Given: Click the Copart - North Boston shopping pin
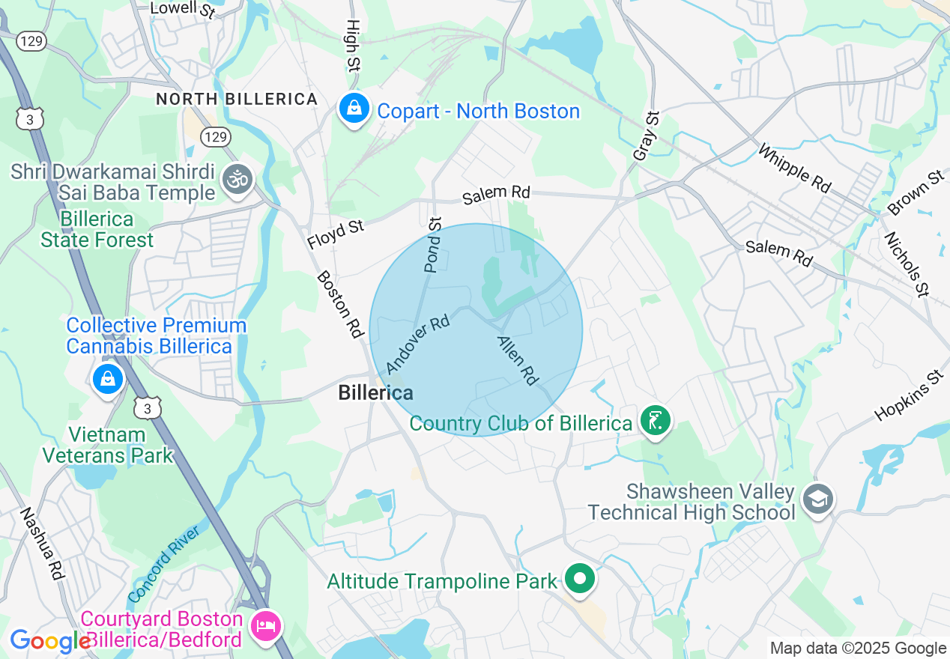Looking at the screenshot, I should (354, 109).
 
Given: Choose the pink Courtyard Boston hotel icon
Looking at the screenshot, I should (264, 624).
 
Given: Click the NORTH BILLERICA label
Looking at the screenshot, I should (237, 99).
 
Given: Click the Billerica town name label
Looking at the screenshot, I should (375, 392).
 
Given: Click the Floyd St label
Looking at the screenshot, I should (336, 234).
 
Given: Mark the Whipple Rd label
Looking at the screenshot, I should (795, 168).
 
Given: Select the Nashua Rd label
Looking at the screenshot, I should (43, 544).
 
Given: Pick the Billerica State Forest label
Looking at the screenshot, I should (97, 230).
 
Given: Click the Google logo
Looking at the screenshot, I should (49, 641).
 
